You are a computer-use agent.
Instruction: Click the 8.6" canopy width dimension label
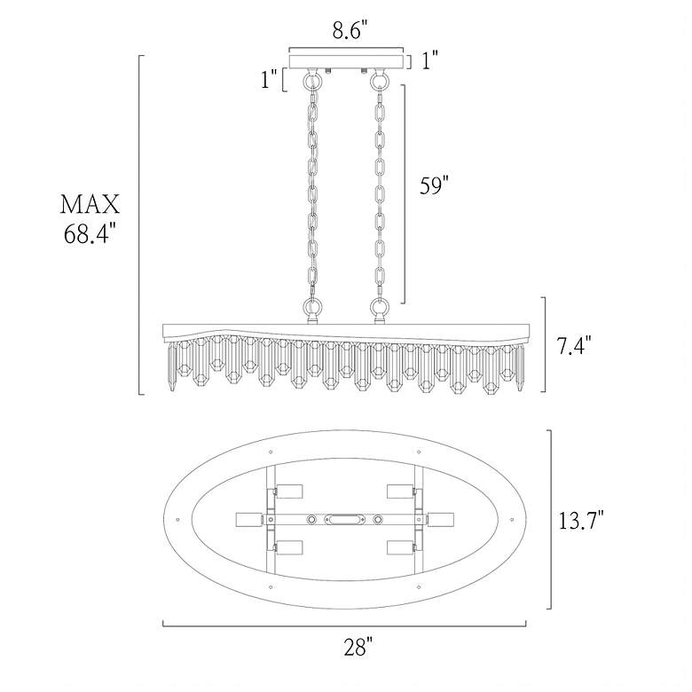click(x=350, y=30)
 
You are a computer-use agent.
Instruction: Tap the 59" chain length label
click(x=434, y=185)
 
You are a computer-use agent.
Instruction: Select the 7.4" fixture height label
click(x=573, y=345)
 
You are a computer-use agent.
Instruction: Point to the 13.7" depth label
click(x=581, y=519)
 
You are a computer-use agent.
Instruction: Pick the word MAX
click(x=90, y=204)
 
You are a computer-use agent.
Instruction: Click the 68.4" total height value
click(x=90, y=233)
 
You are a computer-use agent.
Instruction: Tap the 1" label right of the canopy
click(x=430, y=60)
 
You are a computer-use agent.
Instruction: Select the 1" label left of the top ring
click(x=269, y=80)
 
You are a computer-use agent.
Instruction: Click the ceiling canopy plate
click(x=346, y=61)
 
